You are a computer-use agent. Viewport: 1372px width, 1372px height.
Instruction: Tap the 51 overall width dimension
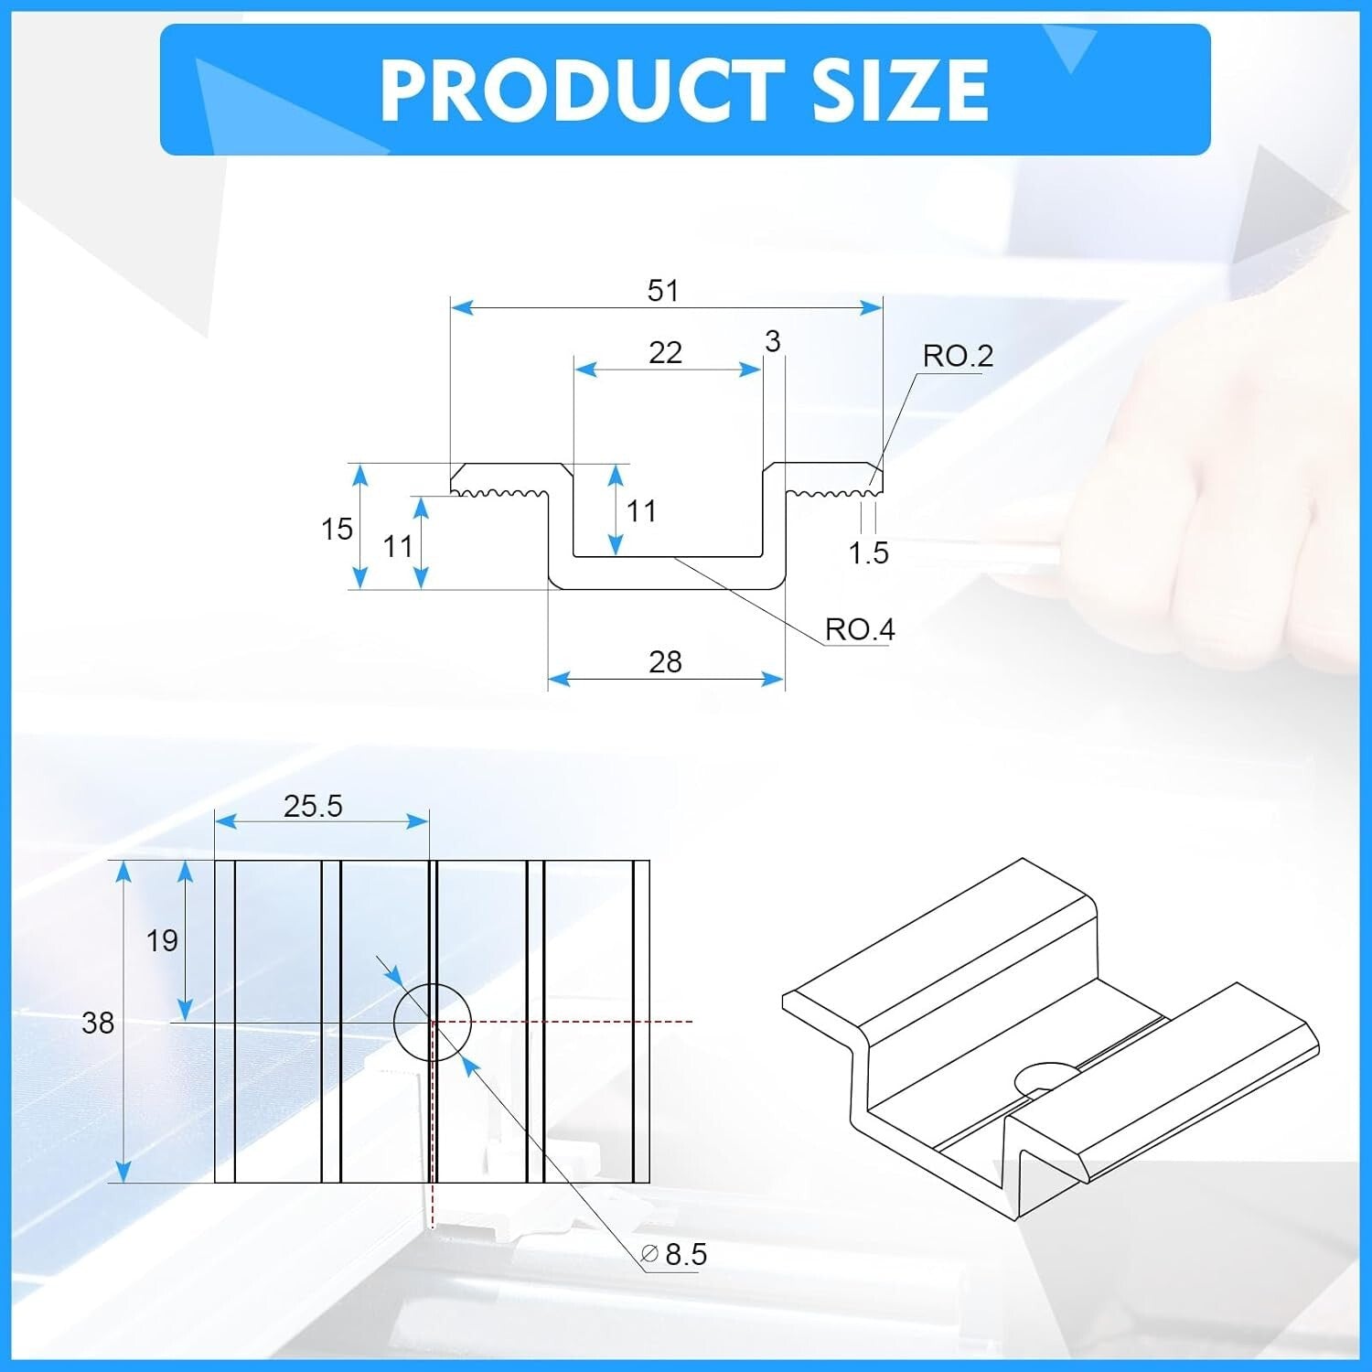(x=663, y=291)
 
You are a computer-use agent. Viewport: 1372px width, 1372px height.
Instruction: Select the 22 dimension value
(x=665, y=353)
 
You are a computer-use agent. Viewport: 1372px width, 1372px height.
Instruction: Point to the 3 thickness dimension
(x=773, y=342)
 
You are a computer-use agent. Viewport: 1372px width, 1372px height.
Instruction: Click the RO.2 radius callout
(x=957, y=356)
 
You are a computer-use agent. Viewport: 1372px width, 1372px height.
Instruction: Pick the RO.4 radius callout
(x=859, y=629)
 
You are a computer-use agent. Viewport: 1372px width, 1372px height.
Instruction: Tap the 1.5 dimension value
(x=868, y=553)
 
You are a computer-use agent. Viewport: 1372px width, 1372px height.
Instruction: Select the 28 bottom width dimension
(x=665, y=662)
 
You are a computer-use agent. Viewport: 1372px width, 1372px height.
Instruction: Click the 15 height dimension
(x=337, y=529)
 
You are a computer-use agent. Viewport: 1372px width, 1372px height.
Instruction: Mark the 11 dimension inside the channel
(x=641, y=511)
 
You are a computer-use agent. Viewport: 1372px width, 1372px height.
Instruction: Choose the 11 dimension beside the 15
(x=398, y=547)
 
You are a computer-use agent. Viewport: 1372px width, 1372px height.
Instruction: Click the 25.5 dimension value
(x=313, y=806)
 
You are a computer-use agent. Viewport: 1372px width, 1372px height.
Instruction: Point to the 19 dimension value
(x=162, y=940)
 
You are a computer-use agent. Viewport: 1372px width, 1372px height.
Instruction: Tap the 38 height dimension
(x=98, y=1023)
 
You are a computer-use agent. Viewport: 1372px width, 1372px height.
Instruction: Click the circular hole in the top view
(x=432, y=1023)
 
